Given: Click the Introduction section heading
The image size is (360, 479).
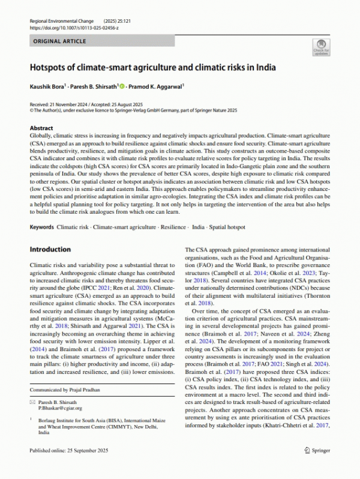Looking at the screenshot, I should point(50,249).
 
